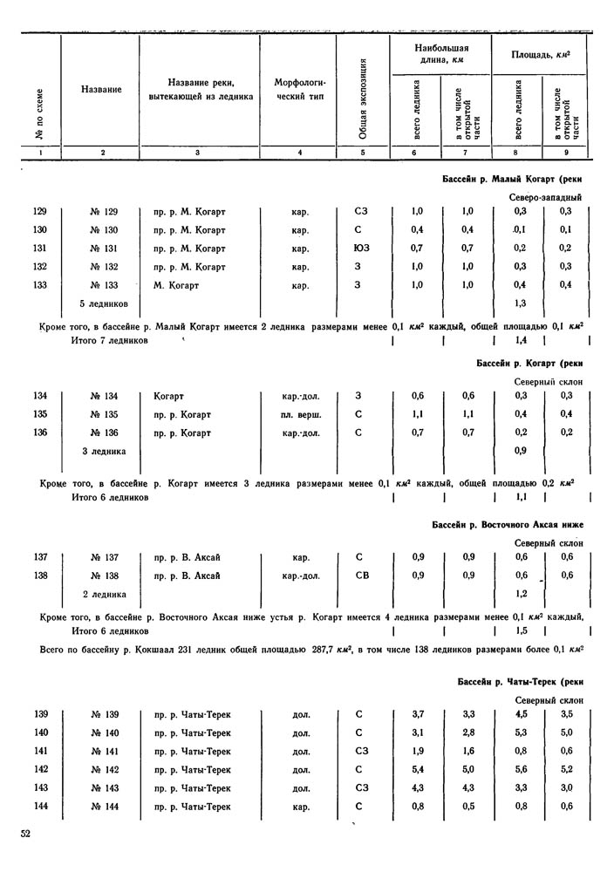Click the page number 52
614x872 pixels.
tap(26, 834)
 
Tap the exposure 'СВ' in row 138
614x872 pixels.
tap(363, 576)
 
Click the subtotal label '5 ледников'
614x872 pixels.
tap(106, 303)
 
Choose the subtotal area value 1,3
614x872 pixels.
tap(521, 303)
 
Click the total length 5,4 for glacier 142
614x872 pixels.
tap(417, 770)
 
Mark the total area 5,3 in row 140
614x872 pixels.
tap(521, 733)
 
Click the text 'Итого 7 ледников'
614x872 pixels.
tap(109, 340)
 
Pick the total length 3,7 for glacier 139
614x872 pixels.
tap(417, 715)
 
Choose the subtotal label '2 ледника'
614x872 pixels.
tap(104, 594)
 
